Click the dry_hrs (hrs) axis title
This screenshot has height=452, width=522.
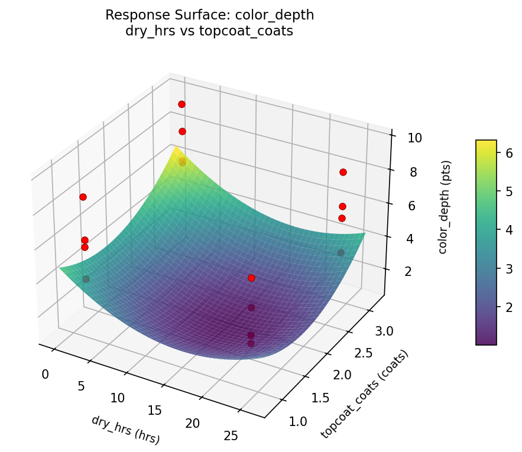coord(125,430)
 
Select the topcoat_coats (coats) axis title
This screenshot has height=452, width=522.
coord(364,394)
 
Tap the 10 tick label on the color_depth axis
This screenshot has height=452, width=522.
coord(414,138)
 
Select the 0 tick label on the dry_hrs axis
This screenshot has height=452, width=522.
coord(46,374)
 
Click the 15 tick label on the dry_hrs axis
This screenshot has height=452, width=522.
coord(154,411)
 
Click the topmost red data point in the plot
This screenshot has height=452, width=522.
coord(181,104)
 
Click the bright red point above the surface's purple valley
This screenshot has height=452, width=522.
coord(251,278)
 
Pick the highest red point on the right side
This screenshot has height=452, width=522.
coord(343,172)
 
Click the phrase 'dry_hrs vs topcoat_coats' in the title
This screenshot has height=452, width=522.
coord(209,31)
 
